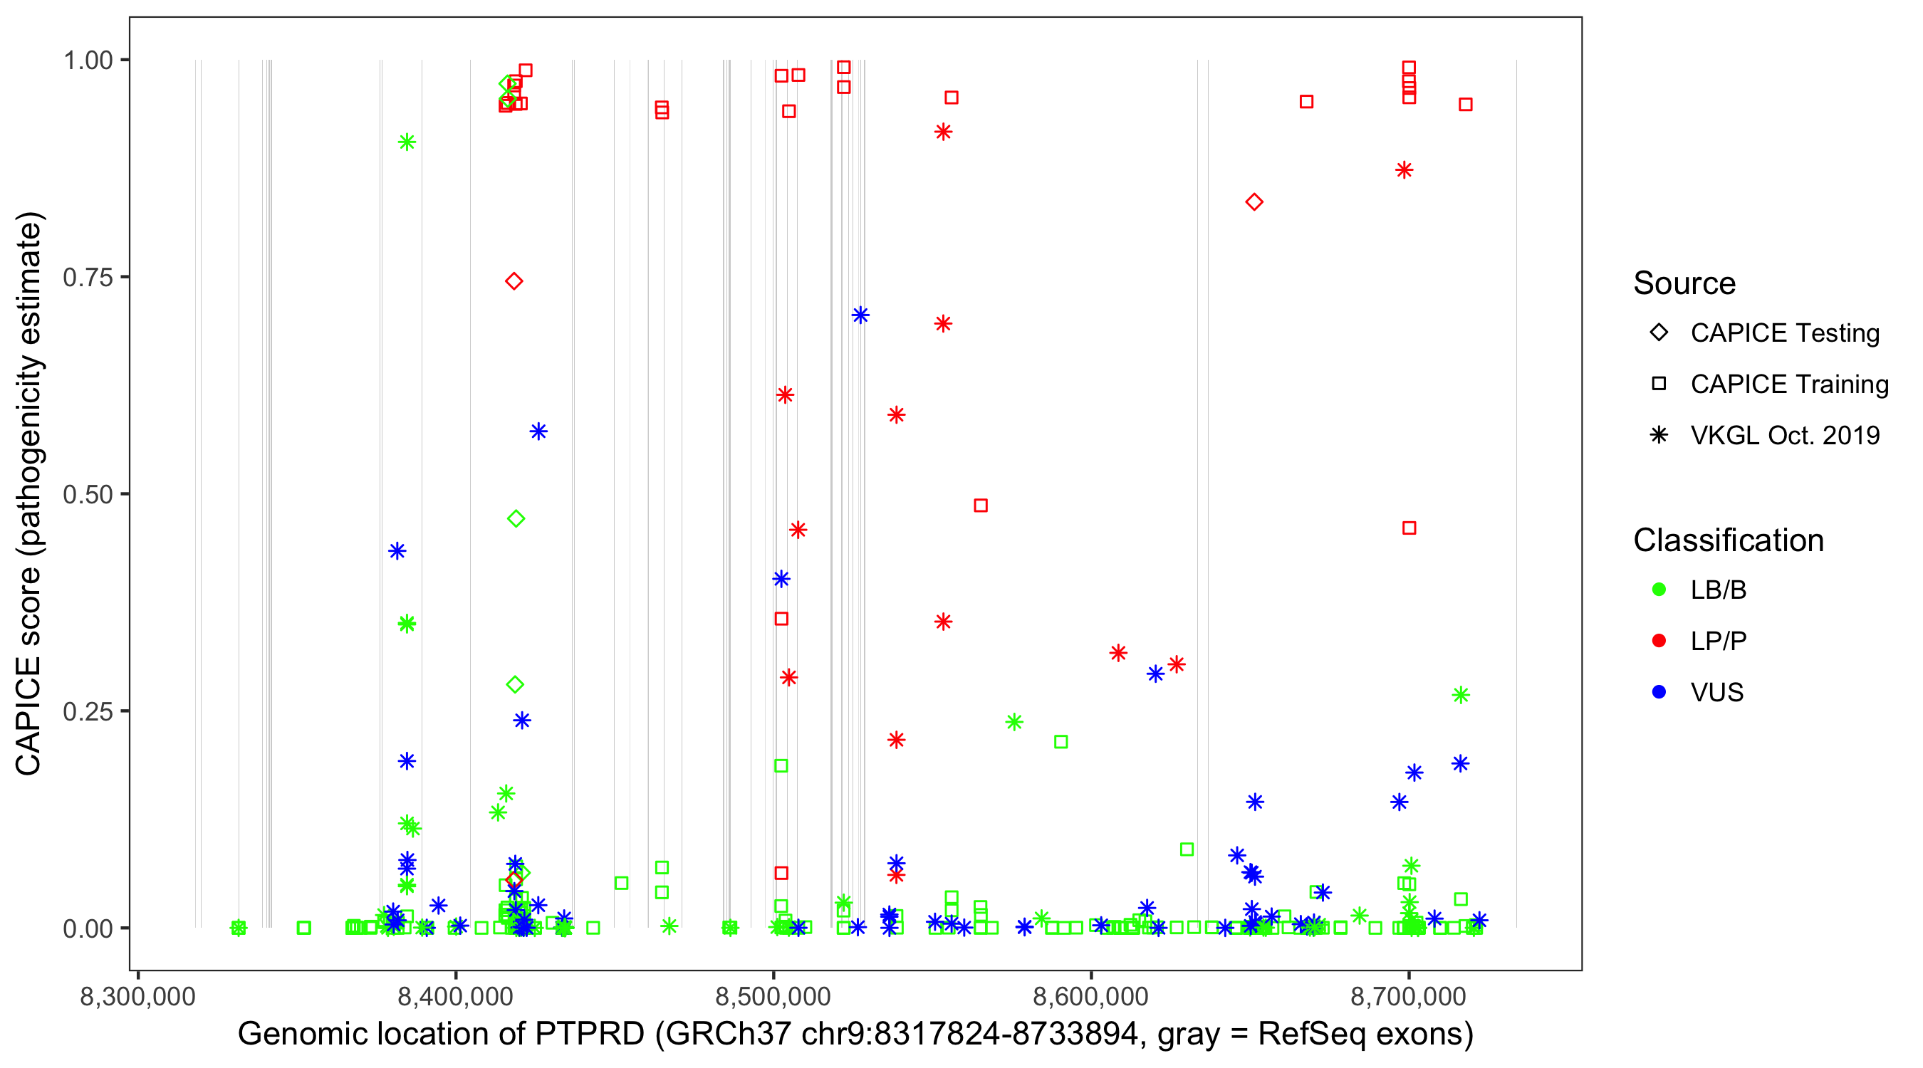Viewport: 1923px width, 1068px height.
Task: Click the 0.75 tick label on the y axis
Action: (x=88, y=278)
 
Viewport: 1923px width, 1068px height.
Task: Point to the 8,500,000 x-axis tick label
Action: (x=773, y=996)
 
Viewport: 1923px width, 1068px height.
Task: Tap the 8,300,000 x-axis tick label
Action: (x=137, y=996)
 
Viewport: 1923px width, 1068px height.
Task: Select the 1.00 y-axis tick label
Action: (x=88, y=61)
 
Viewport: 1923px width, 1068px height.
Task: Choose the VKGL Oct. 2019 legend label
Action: (x=1785, y=435)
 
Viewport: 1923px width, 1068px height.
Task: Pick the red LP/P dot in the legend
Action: (x=1659, y=641)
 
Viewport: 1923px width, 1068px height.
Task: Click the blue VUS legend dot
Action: (x=1659, y=693)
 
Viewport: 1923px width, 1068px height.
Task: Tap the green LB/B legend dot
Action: (x=1659, y=590)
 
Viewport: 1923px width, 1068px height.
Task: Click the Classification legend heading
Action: (x=1728, y=540)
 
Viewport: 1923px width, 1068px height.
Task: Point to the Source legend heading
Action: (x=1684, y=283)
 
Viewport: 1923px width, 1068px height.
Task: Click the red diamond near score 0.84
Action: (x=1254, y=202)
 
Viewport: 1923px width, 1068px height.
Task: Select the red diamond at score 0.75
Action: (x=514, y=281)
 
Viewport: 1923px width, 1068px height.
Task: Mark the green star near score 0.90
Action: (x=407, y=142)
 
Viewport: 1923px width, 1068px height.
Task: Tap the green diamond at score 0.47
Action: (x=516, y=519)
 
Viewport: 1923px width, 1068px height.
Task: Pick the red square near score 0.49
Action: (x=981, y=506)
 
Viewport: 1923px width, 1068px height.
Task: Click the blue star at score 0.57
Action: (x=538, y=431)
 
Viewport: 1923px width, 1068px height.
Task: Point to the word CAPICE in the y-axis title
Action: (x=28, y=716)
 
